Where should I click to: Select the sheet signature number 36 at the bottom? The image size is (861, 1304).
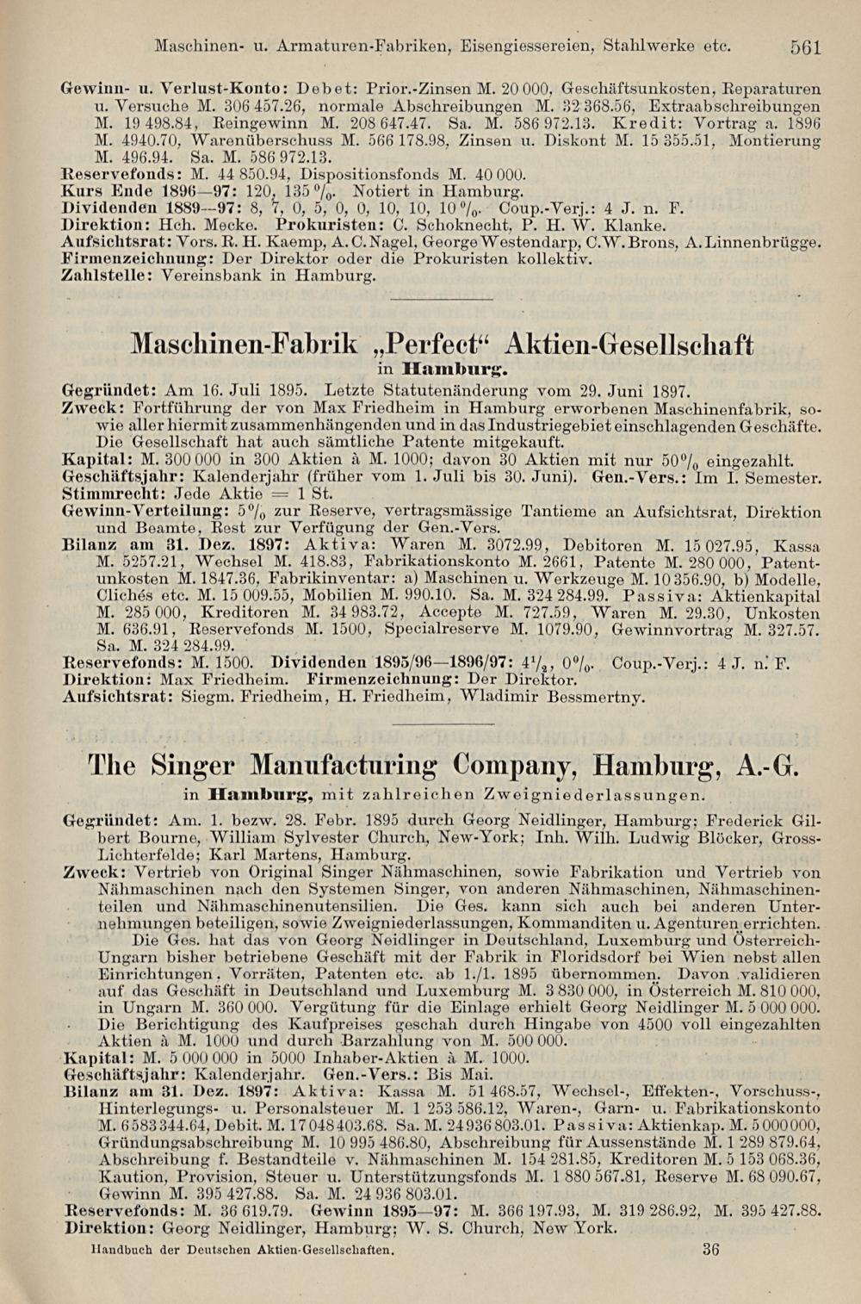click(x=710, y=1250)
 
